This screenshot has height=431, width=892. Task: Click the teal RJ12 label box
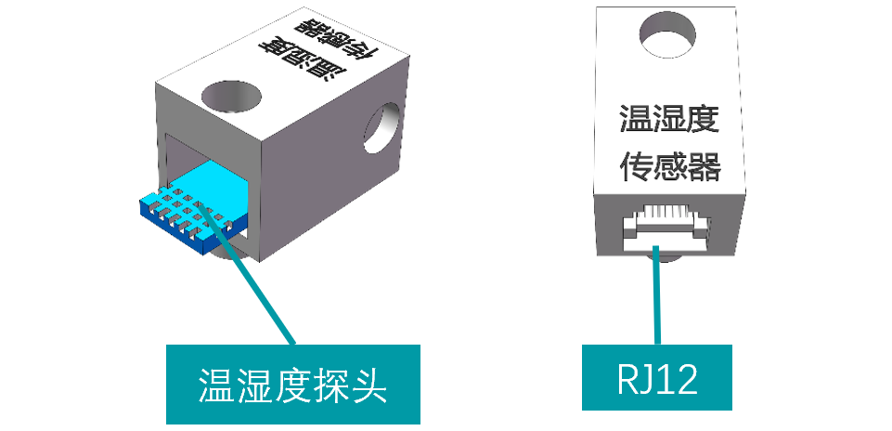click(656, 377)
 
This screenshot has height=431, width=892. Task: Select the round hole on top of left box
click(227, 97)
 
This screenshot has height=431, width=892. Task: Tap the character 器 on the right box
click(703, 167)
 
